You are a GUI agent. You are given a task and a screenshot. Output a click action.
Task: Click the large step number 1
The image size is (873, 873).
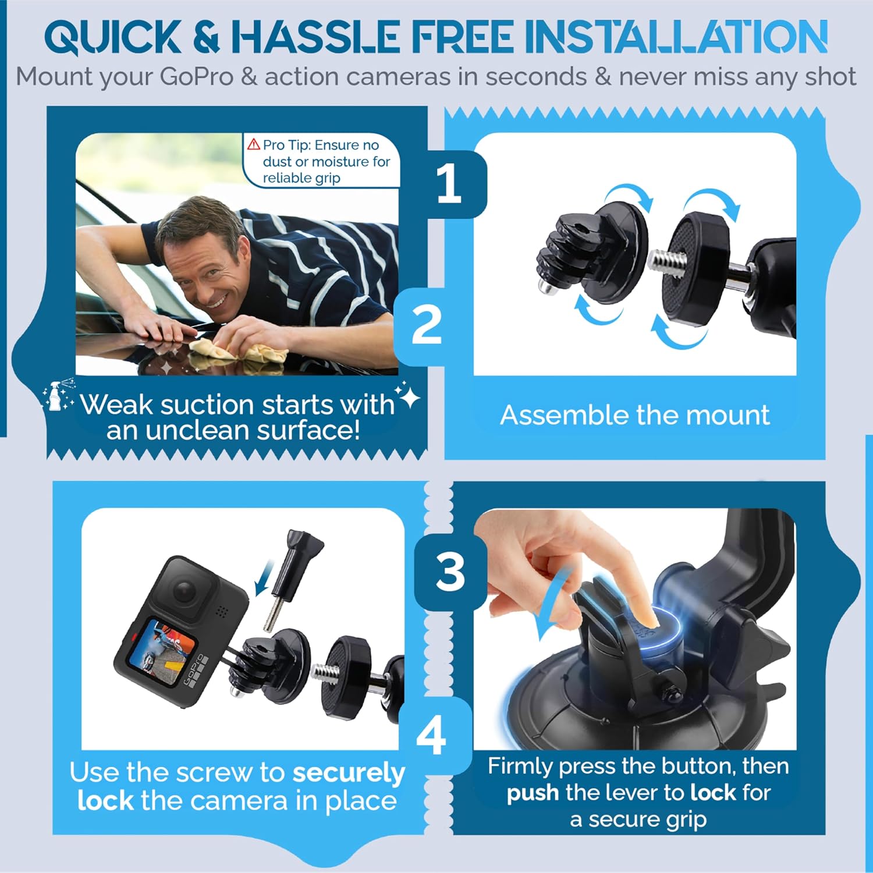(449, 183)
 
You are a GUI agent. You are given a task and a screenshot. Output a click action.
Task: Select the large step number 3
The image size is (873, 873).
(450, 572)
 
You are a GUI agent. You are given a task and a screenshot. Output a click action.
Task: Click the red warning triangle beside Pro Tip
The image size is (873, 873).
(253, 144)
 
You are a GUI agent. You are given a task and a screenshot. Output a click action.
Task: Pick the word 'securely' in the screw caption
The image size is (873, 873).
(348, 773)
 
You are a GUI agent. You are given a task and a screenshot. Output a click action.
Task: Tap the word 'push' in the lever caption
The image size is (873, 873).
(533, 793)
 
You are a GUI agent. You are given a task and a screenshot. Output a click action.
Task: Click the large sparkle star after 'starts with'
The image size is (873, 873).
(409, 398)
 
